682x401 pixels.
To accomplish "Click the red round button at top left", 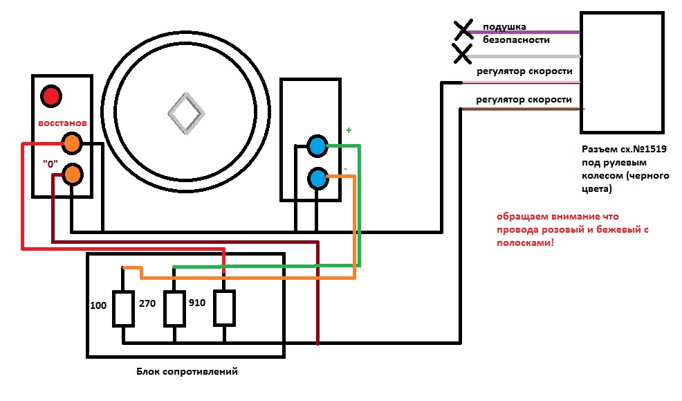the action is pos(51,96).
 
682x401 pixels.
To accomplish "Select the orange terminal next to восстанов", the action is pos(72,143).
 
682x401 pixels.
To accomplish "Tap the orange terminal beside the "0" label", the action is pos(72,175).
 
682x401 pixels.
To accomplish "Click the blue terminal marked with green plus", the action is pos(317,146).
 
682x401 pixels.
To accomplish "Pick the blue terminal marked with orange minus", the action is pos(318,179).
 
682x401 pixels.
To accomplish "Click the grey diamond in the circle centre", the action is pos(186,113).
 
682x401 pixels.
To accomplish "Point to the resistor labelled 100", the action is pos(123,309).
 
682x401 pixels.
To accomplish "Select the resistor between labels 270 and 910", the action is pos(174,309).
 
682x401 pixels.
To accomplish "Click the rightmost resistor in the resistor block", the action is pos(224,308).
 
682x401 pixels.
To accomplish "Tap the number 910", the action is pos(197,303).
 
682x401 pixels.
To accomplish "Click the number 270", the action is pos(147,303).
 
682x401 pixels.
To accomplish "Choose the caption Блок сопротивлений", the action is pos(187,371).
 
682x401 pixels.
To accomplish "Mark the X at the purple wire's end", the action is pos(463,30).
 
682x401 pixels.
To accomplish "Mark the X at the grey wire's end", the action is pos(462,54).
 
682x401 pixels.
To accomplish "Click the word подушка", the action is pos(504,27).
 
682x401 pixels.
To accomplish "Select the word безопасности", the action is pos(516,39).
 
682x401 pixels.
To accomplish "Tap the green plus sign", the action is pos(349,130).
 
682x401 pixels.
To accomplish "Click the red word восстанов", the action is pos(63,123).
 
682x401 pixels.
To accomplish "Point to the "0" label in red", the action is pos(50,163).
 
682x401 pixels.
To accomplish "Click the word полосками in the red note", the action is pos(526,242).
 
